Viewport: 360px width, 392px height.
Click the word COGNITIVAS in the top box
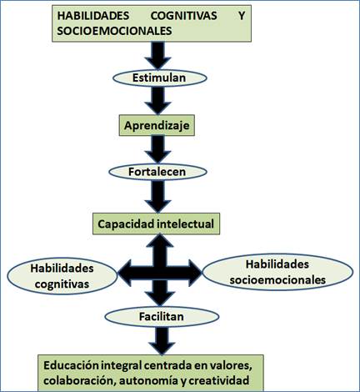183,16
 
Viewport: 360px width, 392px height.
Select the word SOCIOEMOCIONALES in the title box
114,31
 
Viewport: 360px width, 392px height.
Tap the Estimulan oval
160,78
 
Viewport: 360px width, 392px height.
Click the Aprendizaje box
157,125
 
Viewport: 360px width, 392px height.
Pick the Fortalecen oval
157,172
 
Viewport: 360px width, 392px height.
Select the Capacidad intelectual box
156,224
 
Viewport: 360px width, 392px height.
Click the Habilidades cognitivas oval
62,276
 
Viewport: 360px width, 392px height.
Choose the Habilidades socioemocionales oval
277,272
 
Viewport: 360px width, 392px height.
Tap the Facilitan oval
162,317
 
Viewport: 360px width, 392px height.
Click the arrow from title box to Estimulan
157,56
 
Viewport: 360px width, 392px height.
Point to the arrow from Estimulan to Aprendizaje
157,100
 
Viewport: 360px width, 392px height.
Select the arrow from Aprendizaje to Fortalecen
157,149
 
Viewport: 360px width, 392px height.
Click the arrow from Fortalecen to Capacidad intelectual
157,197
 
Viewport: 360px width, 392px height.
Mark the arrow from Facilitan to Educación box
162,341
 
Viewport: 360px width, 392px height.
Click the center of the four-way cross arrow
160,273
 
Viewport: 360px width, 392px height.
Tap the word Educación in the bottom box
71,365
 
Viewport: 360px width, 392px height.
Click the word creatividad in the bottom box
219,380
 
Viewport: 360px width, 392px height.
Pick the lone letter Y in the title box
242,16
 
